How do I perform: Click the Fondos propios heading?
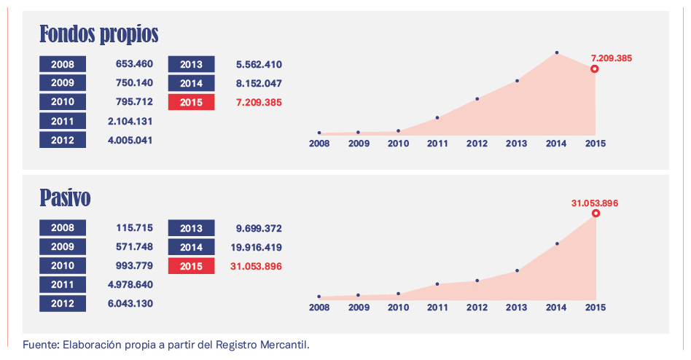pos(98,34)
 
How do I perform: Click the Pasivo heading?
pos(65,197)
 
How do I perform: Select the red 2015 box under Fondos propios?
pos(191,102)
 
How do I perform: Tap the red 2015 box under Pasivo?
pos(191,266)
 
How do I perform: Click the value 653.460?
pos(134,64)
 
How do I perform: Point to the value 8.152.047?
pos(259,83)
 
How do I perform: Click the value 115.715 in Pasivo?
pos(134,228)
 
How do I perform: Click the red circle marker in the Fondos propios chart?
pos(595,69)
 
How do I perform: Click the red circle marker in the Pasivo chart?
pos(596,214)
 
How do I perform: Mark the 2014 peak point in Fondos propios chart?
pos(556,52)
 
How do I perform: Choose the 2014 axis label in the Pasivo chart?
pos(556,308)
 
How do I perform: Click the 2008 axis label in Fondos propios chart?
pos(319,144)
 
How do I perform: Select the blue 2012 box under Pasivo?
pos(63,303)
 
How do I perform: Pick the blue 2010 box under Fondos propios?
pos(63,102)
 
